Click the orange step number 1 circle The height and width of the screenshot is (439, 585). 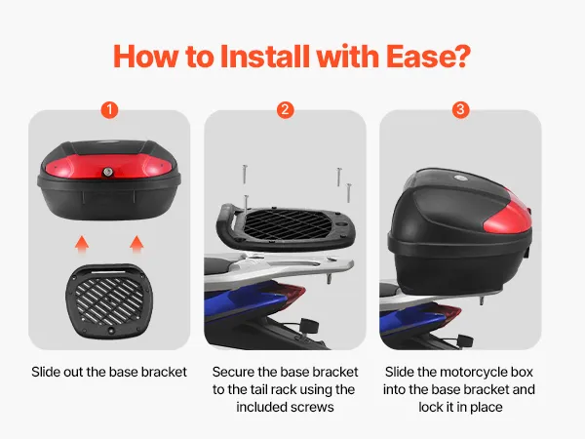coord(109,110)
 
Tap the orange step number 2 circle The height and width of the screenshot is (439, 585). coord(286,110)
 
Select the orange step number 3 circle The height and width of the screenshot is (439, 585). coord(461,110)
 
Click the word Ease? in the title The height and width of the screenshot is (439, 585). coord(428,57)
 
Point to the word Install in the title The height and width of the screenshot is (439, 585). coord(265,57)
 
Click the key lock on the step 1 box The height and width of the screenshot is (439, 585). coord(108,172)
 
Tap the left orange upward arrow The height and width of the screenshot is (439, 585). coord(82,245)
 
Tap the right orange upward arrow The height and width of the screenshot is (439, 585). coord(136,245)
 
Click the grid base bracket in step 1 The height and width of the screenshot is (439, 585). coord(109,300)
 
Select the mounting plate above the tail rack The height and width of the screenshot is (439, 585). coord(286,227)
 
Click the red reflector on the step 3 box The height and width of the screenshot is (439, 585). coord(508,217)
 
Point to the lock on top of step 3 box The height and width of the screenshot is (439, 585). coord(459,179)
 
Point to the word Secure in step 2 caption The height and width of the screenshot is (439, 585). coord(233,373)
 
